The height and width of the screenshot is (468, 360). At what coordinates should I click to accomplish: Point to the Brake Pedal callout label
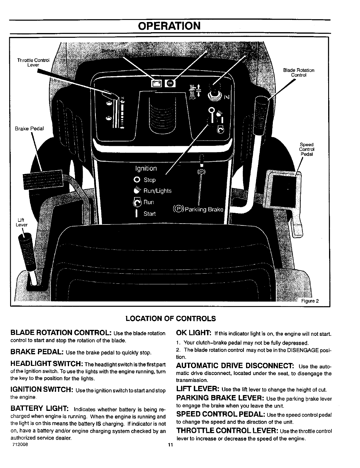point(29,129)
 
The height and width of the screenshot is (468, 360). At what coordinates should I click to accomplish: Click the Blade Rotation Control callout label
point(298,73)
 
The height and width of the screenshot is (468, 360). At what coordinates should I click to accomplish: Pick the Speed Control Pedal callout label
point(306,149)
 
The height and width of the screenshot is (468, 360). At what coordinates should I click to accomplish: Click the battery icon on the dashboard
point(156,84)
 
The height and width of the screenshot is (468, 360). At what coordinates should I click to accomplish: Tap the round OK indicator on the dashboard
point(170,84)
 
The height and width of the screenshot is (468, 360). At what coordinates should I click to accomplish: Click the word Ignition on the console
point(146,169)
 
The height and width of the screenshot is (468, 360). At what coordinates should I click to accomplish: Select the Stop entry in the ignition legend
point(149,180)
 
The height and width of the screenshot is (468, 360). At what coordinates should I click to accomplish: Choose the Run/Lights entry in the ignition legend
point(157,191)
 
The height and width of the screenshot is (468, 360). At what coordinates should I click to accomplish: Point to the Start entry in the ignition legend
point(149,214)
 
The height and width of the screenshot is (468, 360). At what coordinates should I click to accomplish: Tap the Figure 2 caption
point(310,301)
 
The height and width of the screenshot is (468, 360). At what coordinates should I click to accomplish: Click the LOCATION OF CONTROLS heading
point(170,319)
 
